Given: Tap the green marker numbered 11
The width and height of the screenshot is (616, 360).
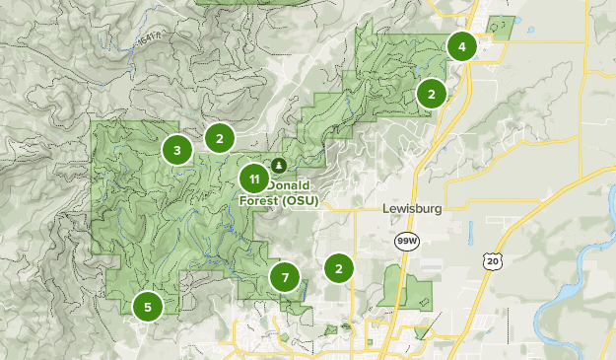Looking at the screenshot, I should [254, 180].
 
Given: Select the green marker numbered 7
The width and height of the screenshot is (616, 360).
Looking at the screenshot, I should [285, 277].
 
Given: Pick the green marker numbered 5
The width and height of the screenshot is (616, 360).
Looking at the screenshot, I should [148, 307].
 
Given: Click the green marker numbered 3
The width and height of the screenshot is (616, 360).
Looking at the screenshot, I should [176, 150].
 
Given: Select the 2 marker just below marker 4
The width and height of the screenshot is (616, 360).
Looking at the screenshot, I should [431, 94].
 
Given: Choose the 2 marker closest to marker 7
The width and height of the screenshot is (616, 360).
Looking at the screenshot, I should [339, 267].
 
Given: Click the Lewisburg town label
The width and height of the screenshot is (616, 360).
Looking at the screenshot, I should [411, 209].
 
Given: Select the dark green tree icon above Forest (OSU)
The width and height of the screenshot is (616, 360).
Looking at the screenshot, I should [279, 165].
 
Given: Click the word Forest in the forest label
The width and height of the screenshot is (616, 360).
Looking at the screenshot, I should [258, 201].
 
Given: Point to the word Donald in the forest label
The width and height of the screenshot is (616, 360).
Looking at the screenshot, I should [290, 185].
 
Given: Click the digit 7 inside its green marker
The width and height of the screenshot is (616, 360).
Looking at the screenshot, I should [285, 277].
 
